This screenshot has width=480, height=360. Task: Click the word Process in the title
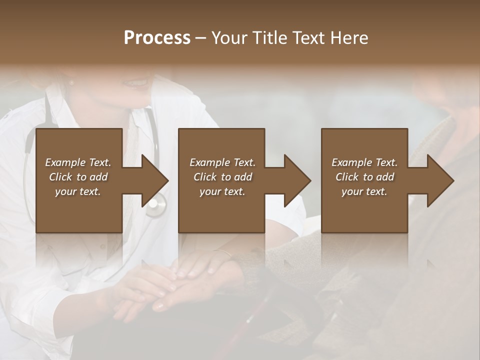[x=157, y=38]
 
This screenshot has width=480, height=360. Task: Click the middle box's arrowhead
[x=297, y=180]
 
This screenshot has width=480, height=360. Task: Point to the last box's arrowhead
[x=440, y=180]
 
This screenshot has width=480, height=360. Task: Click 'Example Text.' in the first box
[x=78, y=162]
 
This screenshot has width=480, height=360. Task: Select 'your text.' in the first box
[x=78, y=191]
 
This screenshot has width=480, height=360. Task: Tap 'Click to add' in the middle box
[x=222, y=177]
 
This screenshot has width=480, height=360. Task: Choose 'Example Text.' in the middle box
[x=222, y=162]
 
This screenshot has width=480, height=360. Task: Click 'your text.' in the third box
[x=364, y=191]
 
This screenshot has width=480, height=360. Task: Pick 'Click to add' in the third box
[x=364, y=177]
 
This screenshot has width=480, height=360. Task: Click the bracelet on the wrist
[x=223, y=252]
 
